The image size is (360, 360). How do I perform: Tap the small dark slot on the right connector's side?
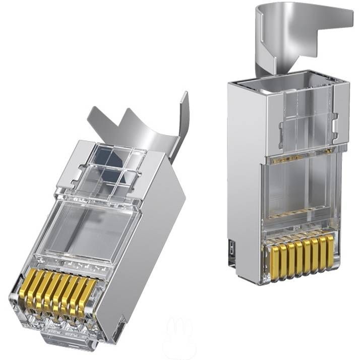[231, 249]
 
